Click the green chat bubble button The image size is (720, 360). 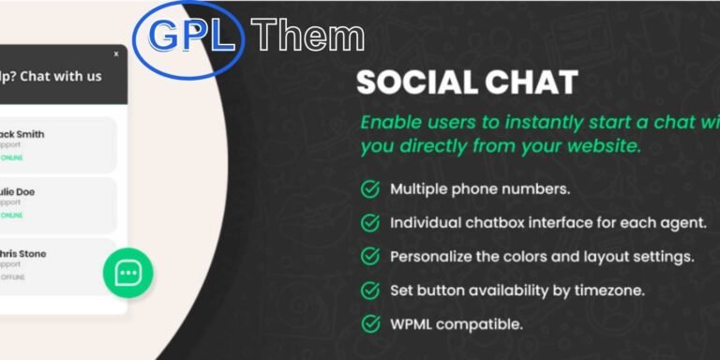pyautogui.click(x=127, y=273)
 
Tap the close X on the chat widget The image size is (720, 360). pyautogui.click(x=116, y=54)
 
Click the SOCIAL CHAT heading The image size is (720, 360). pyautogui.click(x=466, y=82)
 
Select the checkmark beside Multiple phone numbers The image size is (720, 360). pyautogui.click(x=370, y=189)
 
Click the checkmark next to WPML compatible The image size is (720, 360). pyautogui.click(x=370, y=324)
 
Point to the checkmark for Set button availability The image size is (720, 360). pyautogui.click(x=370, y=291)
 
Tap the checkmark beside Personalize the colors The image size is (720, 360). pyautogui.click(x=370, y=257)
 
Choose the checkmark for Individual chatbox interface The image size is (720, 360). pyautogui.click(x=370, y=223)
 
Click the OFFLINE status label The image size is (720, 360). pyautogui.click(x=13, y=277)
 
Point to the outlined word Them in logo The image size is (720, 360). pyautogui.click(x=308, y=36)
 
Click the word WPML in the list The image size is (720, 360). pyautogui.click(x=413, y=324)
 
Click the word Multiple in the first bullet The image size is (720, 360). pyautogui.click(x=419, y=189)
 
